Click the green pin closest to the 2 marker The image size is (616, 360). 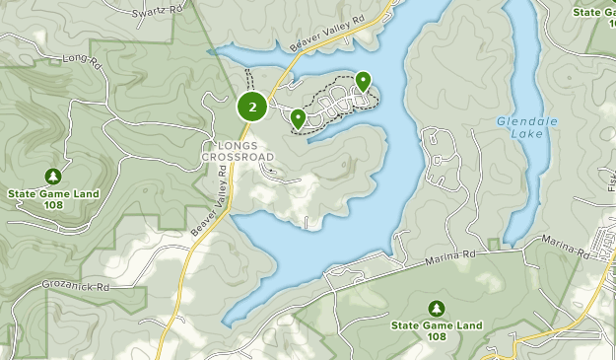click(298, 118)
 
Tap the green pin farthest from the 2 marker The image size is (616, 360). click(363, 81)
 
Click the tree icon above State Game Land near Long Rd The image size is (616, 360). click(52, 177)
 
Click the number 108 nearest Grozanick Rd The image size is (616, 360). click(52, 205)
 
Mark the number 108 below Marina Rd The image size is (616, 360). click(436, 336)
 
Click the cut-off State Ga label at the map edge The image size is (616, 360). click(593, 13)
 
